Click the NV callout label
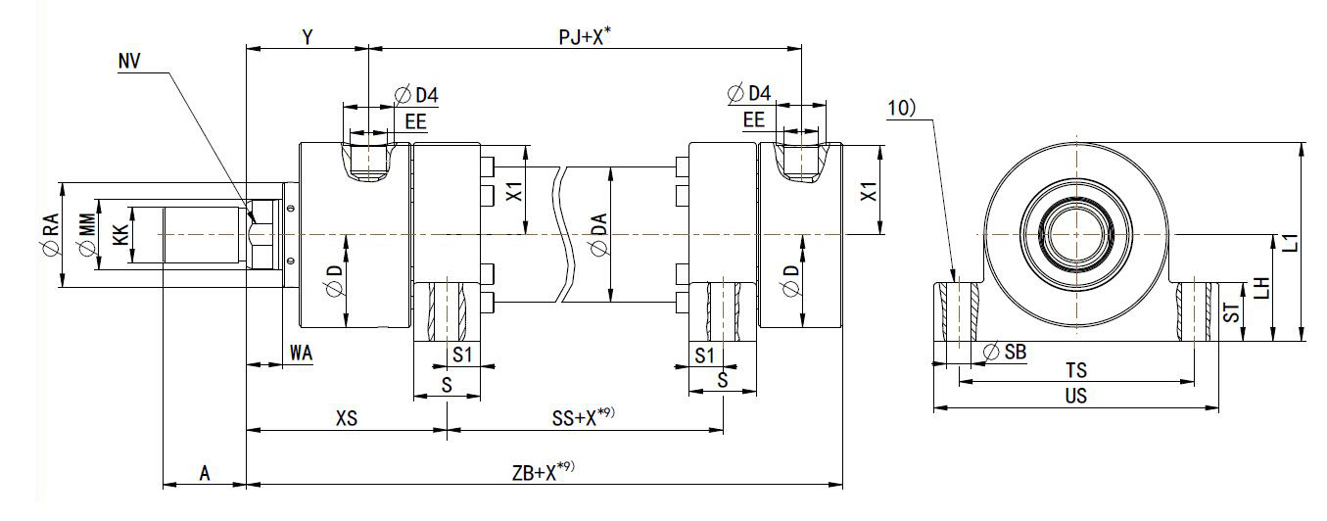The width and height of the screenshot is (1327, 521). pos(127,61)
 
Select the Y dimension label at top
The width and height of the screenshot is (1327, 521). pos(307,37)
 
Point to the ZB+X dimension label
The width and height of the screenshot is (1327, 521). pos(543,472)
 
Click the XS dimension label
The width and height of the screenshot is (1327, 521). pos(346,418)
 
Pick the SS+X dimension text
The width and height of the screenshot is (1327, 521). pos(584,418)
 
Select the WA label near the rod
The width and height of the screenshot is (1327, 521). pos(301,354)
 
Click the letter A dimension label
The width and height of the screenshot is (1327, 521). pos(205,473)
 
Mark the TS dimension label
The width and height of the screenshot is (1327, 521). pos(1075,371)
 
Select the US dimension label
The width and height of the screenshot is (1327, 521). pos(1075,397)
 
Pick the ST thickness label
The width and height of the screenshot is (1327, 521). pos(1234,313)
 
